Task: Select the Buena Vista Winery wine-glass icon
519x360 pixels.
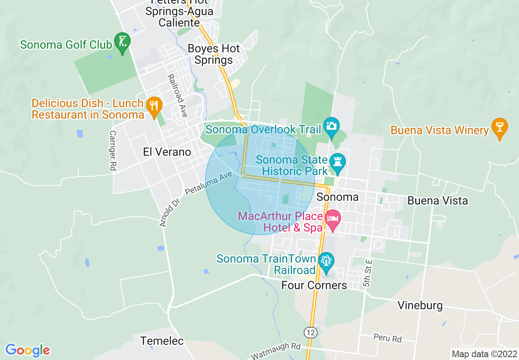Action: [499, 127]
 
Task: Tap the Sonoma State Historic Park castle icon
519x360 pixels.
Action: [338, 162]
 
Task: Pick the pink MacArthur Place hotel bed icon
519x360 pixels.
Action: [332, 219]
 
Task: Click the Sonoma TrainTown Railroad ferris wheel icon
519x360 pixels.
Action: [326, 261]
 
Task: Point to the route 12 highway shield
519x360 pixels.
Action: [311, 332]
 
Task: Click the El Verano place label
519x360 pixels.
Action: [167, 152]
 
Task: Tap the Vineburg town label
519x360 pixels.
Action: [420, 306]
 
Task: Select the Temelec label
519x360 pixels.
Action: [162, 341]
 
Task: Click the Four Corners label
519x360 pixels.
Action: [314, 285]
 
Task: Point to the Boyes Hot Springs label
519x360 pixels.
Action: [213, 54]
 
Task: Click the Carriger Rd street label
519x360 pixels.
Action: [112, 151]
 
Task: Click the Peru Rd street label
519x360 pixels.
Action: [387, 338]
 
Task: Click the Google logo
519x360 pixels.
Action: [27, 350]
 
